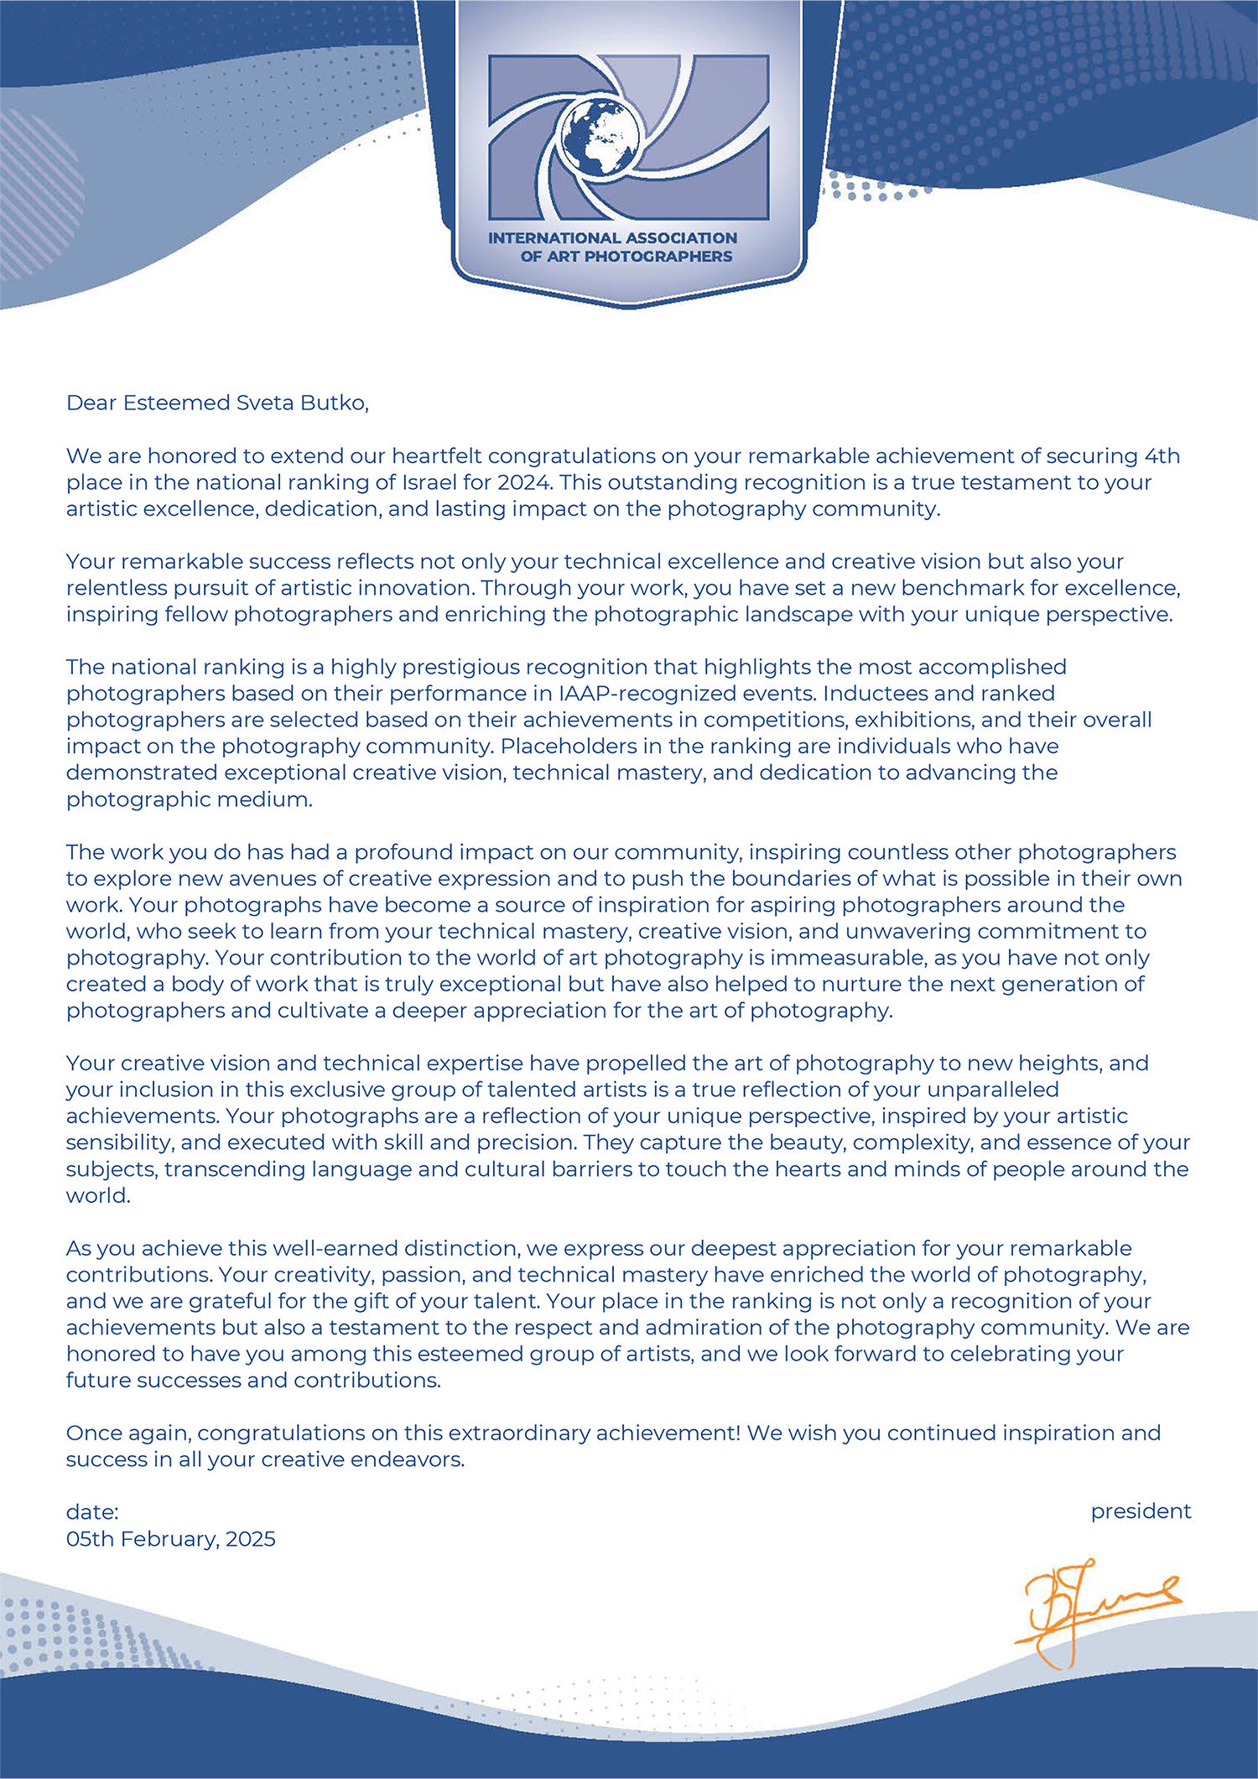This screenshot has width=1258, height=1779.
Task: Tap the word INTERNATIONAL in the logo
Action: [554, 238]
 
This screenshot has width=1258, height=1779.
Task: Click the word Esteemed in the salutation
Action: [176, 403]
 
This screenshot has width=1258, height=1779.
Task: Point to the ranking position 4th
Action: [1162, 456]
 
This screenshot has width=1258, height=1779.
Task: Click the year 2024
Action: [524, 483]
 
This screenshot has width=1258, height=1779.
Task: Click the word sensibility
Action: [119, 1142]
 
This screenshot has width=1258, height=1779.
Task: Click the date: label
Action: [92, 1512]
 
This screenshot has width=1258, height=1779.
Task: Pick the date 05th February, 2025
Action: [171, 1539]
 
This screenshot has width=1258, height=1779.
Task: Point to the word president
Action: [1141, 1511]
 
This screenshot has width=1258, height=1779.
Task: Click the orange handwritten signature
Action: [1090, 1610]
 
